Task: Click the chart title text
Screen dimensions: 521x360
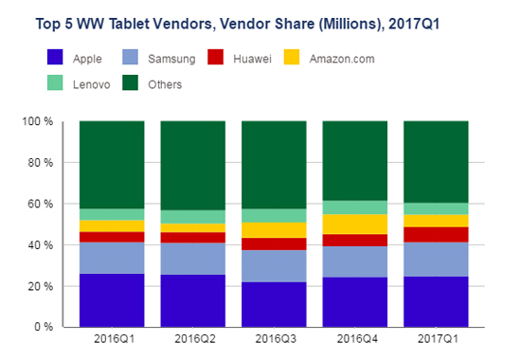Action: point(238,24)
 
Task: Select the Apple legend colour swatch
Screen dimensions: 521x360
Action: point(55,57)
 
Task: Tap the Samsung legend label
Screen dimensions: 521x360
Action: point(171,59)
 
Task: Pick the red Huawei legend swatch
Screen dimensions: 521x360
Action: point(215,57)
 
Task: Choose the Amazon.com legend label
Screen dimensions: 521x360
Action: point(342,59)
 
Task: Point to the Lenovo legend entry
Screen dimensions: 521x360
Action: point(79,82)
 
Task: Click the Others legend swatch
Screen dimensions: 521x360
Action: point(131,82)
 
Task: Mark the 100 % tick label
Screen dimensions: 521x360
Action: point(38,121)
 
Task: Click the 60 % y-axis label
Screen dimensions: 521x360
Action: point(40,204)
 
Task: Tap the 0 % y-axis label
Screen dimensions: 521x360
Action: point(44,327)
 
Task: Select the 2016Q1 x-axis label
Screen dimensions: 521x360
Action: point(114,339)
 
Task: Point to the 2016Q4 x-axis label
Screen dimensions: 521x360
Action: point(357,339)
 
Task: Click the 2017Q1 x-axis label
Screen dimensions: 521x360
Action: point(438,339)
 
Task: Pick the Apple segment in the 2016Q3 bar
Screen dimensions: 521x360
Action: point(274,304)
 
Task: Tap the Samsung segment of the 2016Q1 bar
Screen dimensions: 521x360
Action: point(112,258)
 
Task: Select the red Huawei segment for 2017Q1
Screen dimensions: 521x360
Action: point(436,235)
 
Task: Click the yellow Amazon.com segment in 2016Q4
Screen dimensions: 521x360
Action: point(355,225)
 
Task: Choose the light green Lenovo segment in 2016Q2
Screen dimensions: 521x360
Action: point(193,217)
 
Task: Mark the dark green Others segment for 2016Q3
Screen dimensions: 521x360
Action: point(274,165)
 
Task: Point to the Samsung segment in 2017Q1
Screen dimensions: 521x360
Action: point(436,260)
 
